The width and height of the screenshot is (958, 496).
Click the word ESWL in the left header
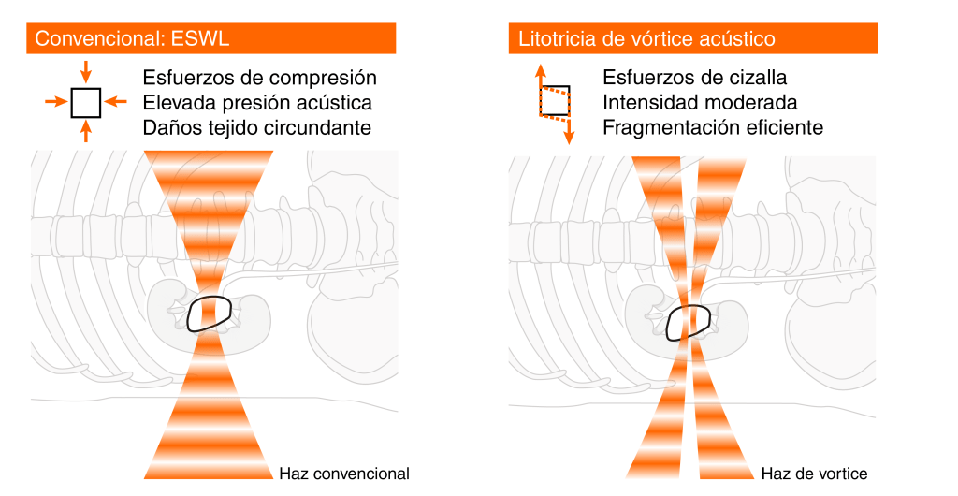point(200,38)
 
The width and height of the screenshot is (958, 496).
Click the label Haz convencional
point(344,474)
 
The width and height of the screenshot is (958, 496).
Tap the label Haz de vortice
point(815,474)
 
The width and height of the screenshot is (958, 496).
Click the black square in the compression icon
point(86,102)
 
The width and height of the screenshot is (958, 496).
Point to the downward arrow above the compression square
point(86,71)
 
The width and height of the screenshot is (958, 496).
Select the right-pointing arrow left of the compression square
point(56,102)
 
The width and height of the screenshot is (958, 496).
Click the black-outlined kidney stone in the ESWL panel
point(209,314)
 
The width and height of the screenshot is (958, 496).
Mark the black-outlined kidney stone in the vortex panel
point(689,322)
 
